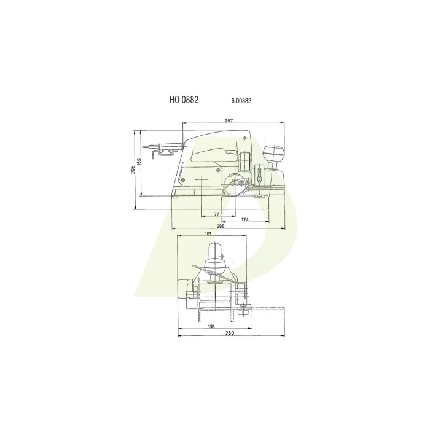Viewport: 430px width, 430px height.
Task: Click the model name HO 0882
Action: tap(184, 98)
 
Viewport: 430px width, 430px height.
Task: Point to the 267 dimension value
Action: tap(229, 121)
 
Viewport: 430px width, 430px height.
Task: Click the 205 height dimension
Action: tap(133, 170)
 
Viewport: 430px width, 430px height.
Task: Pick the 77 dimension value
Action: tap(217, 213)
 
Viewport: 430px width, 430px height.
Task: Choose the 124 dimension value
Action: tap(244, 219)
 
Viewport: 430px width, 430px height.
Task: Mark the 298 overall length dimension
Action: tap(221, 227)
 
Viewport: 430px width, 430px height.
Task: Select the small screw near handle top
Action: tap(246, 138)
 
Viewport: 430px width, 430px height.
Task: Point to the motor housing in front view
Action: tap(184, 289)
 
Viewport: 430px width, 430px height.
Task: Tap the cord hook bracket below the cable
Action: tap(165, 150)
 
